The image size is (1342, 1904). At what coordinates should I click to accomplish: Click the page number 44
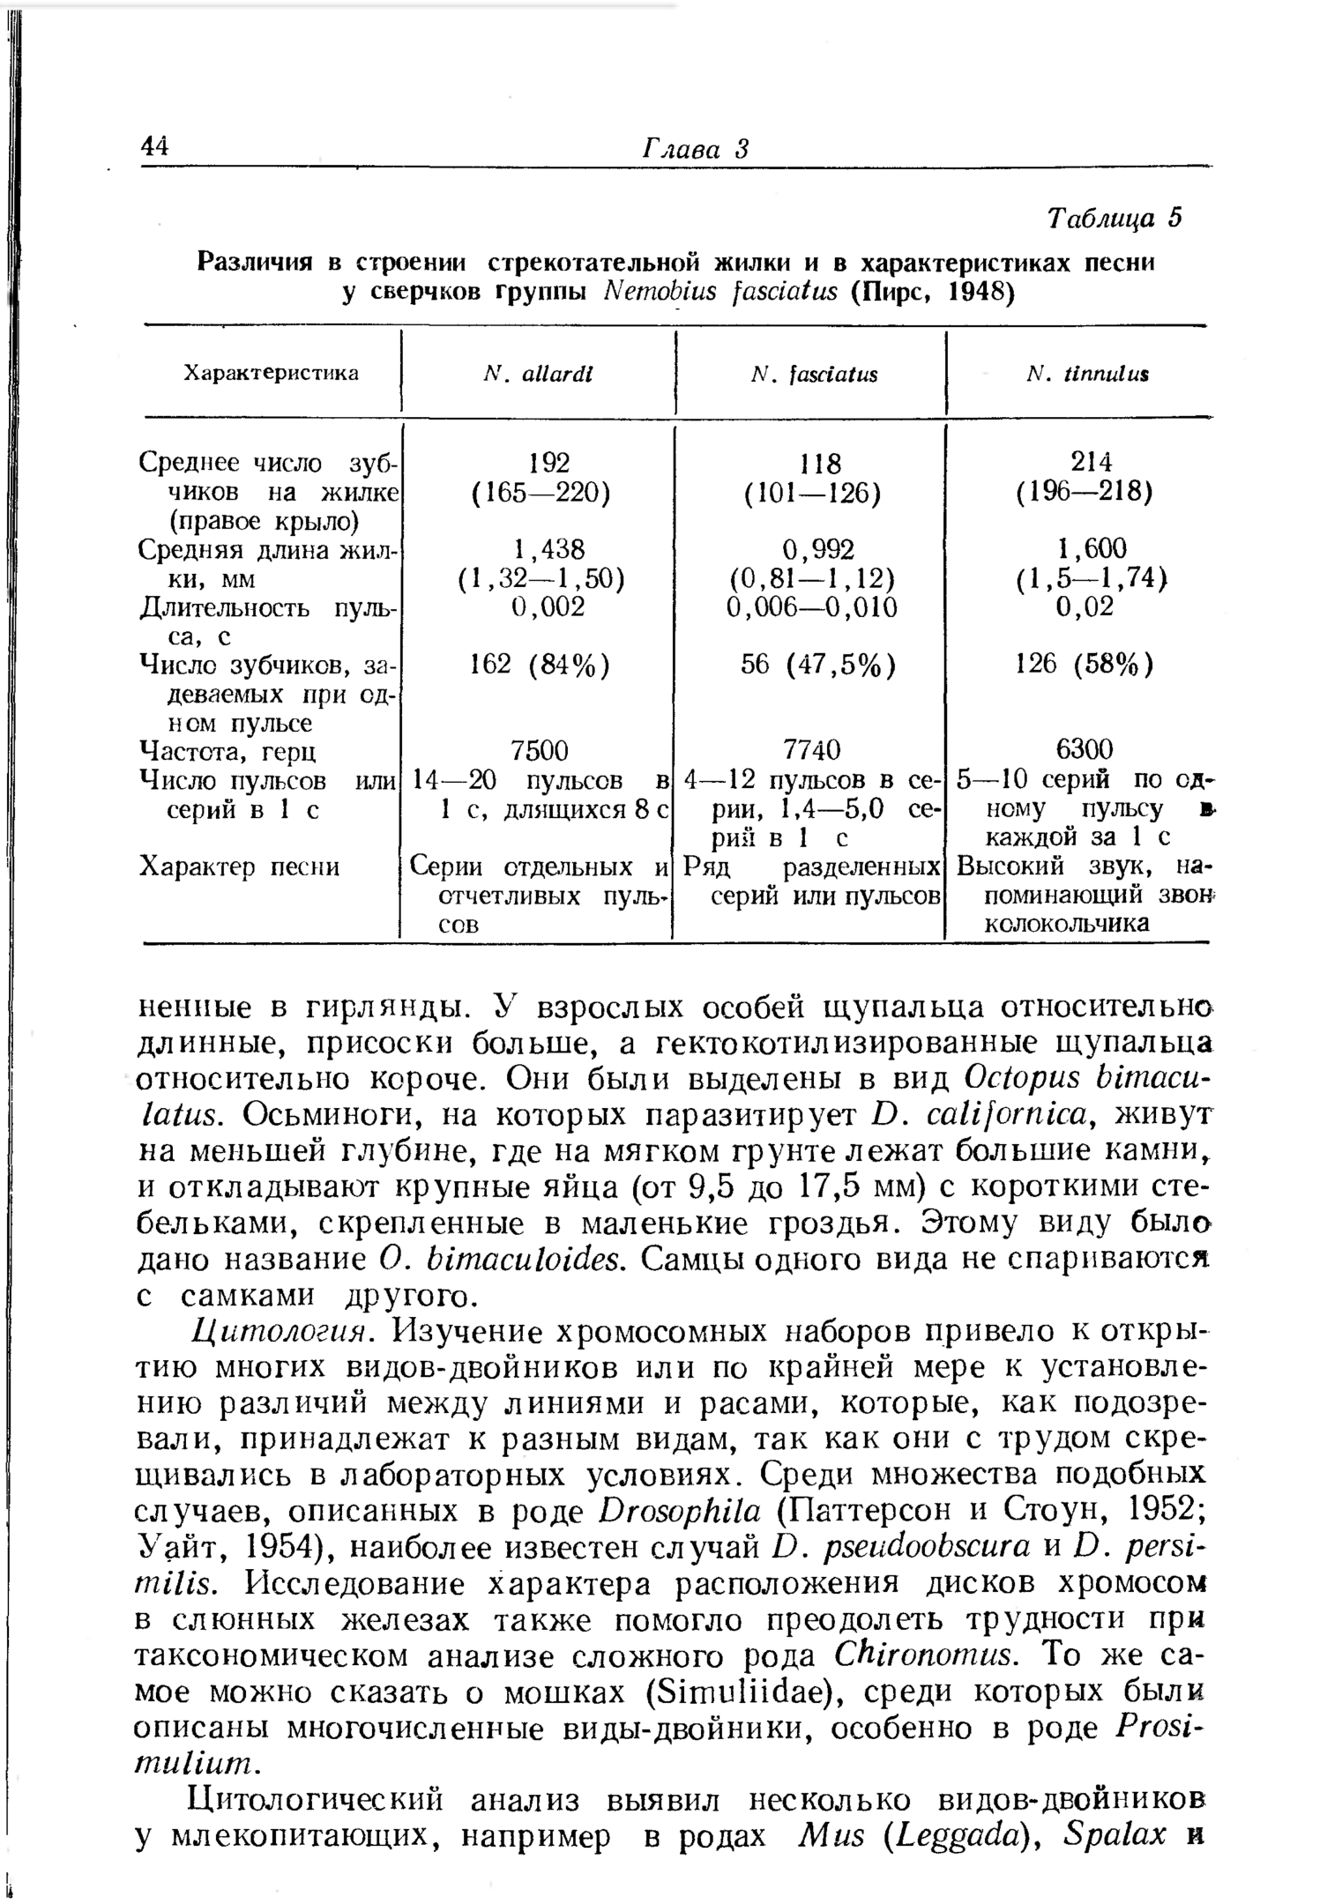[154, 146]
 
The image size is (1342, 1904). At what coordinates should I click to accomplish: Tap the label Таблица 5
[1114, 218]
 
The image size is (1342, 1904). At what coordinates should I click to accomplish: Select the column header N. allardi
[539, 375]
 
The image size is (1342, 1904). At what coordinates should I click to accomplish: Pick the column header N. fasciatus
[814, 375]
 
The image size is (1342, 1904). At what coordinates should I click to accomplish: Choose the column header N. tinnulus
[1088, 375]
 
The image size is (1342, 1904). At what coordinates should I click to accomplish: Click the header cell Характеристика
[271, 374]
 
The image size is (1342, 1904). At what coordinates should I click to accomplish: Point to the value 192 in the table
[548, 462]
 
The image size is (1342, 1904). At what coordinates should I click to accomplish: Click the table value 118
[818, 463]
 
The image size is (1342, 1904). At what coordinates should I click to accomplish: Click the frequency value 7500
[540, 750]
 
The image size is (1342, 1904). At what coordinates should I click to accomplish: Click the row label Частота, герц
[228, 751]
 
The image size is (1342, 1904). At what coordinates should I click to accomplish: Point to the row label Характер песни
[238, 867]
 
